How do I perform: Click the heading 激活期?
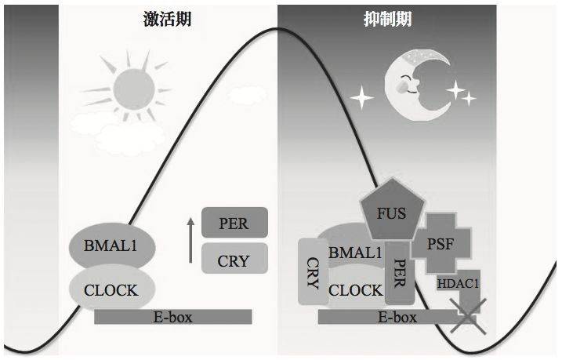tap(168, 19)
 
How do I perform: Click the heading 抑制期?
tap(387, 19)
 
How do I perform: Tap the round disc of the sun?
tap(134, 89)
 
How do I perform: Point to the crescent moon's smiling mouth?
tap(412, 91)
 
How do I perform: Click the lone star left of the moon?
tap(361, 97)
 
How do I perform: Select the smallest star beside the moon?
tap(469, 98)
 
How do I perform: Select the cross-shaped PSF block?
tap(441, 243)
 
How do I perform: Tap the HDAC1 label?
tap(458, 284)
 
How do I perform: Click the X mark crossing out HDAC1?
tap(468, 316)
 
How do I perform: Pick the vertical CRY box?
tap(313, 272)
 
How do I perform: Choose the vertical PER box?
tap(400, 273)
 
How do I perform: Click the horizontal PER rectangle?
tap(234, 222)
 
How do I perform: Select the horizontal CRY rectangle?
tap(234, 259)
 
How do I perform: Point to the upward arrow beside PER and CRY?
tap(190, 240)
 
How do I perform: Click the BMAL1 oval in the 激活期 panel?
tap(112, 245)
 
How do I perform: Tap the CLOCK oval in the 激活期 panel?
tap(112, 288)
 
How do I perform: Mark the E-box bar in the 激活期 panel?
tap(172, 317)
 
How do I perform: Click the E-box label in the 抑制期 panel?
tap(397, 318)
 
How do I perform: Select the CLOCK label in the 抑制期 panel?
tap(356, 290)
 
